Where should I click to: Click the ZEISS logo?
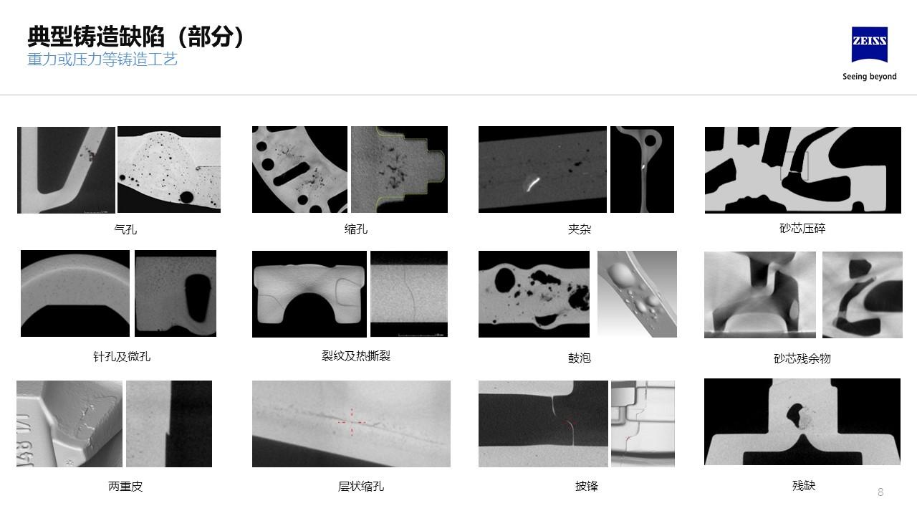[870, 44]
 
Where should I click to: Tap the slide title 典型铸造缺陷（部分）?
[135, 37]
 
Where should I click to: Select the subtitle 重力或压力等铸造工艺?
[102, 59]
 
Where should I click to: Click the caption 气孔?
[125, 229]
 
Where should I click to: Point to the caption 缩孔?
[356, 229]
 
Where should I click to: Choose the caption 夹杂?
[580, 229]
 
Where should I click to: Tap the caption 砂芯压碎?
[802, 229]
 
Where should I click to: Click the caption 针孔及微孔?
[122, 357]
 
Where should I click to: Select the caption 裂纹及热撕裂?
[356, 356]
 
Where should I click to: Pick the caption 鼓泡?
[580, 358]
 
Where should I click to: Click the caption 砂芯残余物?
[802, 359]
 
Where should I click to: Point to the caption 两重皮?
[125, 487]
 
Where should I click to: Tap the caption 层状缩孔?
[360, 487]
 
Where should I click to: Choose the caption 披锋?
[587, 486]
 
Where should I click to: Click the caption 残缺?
[804, 486]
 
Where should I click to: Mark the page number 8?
[880, 492]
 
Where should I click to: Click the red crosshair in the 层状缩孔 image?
[352, 422]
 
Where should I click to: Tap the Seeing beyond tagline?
[870, 77]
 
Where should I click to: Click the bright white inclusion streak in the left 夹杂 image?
[532, 184]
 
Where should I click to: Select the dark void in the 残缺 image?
[794, 416]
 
